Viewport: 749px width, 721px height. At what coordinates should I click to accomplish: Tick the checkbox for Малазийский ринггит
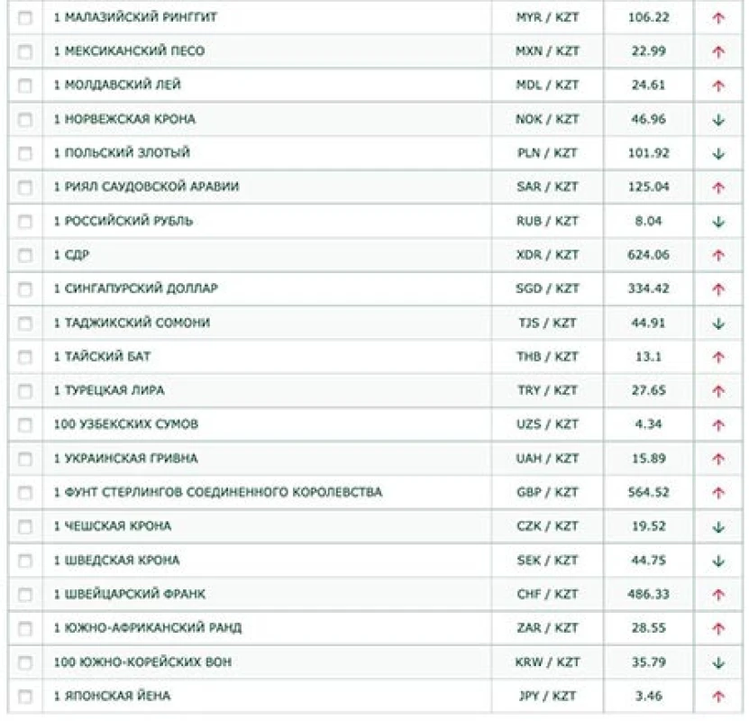pyautogui.click(x=24, y=18)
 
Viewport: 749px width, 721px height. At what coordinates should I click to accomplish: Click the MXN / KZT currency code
pyautogui.click(x=547, y=51)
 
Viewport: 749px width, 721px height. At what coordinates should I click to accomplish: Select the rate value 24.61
pyautogui.click(x=648, y=86)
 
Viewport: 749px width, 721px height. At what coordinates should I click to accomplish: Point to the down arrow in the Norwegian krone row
pyautogui.click(x=718, y=120)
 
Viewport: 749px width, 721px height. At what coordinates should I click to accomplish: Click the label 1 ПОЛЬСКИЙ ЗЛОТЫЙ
pyautogui.click(x=122, y=153)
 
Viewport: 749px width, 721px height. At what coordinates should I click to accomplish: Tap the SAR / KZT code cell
pyautogui.click(x=547, y=187)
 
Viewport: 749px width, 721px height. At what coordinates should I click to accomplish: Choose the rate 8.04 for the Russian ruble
pyautogui.click(x=648, y=221)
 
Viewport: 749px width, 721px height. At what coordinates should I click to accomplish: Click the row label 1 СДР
pyautogui.click(x=71, y=255)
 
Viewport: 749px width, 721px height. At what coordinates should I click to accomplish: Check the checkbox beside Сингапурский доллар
pyautogui.click(x=24, y=289)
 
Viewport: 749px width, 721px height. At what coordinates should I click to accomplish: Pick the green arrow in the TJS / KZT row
pyautogui.click(x=718, y=323)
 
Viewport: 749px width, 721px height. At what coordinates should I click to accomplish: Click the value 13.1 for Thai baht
pyautogui.click(x=648, y=357)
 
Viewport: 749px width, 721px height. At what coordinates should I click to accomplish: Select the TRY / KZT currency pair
pyautogui.click(x=547, y=391)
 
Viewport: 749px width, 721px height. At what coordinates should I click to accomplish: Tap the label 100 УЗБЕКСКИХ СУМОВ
pyautogui.click(x=125, y=424)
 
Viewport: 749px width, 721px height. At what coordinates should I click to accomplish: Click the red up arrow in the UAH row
pyautogui.click(x=718, y=459)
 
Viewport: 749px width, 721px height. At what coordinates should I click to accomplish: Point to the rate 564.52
pyautogui.click(x=648, y=492)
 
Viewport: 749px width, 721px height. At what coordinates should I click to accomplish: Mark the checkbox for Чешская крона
pyautogui.click(x=24, y=526)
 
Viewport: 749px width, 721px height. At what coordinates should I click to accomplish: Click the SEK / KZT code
pyautogui.click(x=547, y=561)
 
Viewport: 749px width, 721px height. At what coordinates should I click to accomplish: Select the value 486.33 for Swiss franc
pyautogui.click(x=648, y=594)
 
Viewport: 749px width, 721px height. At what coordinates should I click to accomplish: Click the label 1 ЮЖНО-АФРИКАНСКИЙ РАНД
pyautogui.click(x=147, y=628)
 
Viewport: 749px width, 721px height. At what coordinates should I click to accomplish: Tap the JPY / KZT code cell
pyautogui.click(x=547, y=696)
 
